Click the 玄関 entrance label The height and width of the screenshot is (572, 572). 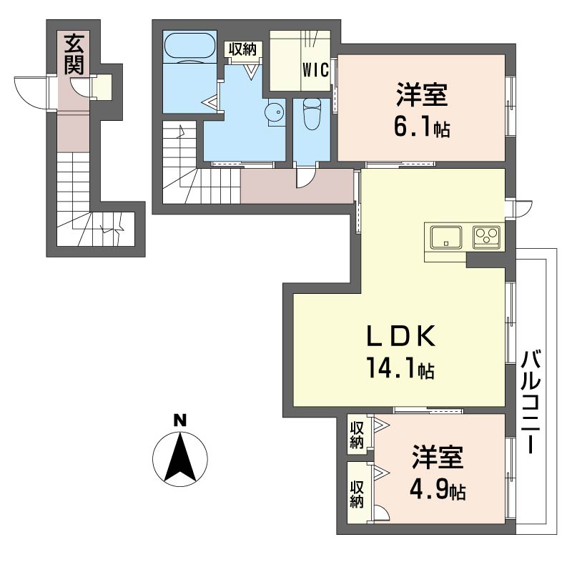tap(74, 55)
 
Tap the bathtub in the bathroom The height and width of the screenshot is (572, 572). tap(189, 46)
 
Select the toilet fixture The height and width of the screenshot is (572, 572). tap(312, 114)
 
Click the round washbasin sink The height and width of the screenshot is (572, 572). tap(274, 112)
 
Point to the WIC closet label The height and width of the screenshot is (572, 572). tap(315, 70)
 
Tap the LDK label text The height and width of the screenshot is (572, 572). tap(401, 336)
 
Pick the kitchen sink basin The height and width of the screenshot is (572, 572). tap(445, 237)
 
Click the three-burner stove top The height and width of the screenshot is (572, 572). tap(486, 237)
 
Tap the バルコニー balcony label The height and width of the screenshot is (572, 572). tap(531, 401)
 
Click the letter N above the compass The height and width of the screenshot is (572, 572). tap(179, 420)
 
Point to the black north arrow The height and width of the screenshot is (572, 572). tap(179, 457)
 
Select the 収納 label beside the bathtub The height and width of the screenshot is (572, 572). tap(242, 49)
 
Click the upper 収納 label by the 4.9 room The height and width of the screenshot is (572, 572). tap(357, 435)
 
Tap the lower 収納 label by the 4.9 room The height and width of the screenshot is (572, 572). tap(357, 494)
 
